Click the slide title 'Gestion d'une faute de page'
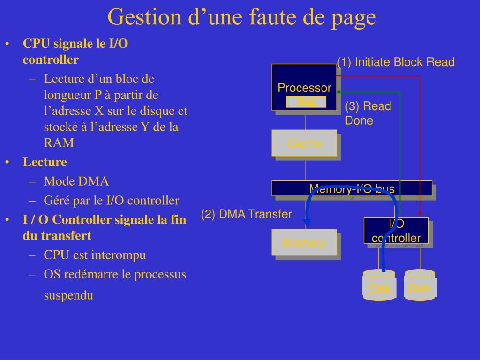[241, 17]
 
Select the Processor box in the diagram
[304, 87]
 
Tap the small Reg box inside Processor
[306, 102]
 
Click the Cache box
[304, 143]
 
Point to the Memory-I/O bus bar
[352, 188]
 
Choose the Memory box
[304, 242]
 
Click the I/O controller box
[396, 230]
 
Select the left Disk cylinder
[379, 285]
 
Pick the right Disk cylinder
[420, 285]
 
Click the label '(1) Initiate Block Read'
[396, 62]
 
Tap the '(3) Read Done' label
[367, 113]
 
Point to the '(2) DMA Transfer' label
[247, 214]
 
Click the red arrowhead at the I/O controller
[420, 214]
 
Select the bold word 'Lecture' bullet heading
[45, 162]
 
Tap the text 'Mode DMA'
[76, 181]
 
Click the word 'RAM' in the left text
[59, 143]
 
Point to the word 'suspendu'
[68, 295]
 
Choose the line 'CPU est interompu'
[95, 255]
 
